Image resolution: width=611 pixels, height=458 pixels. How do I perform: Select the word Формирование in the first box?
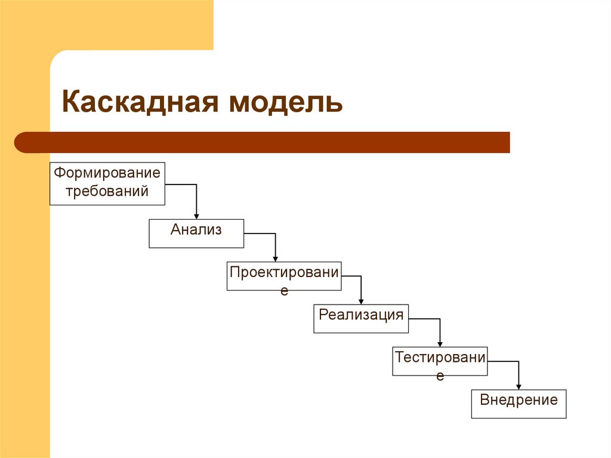107,173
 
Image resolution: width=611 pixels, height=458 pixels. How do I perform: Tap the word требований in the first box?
107,192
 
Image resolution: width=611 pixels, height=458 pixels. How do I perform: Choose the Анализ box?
196,233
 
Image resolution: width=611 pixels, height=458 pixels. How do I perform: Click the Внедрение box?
519,404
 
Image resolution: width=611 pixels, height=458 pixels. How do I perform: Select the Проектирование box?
284,276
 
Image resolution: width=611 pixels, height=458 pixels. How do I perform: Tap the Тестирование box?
440,361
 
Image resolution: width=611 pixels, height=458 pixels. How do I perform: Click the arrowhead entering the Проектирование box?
275,258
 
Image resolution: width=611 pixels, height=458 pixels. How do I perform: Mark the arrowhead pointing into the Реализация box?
361,301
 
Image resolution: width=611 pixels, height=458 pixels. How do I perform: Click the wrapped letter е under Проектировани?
284,291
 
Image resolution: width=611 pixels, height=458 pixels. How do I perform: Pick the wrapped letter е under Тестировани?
440,376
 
